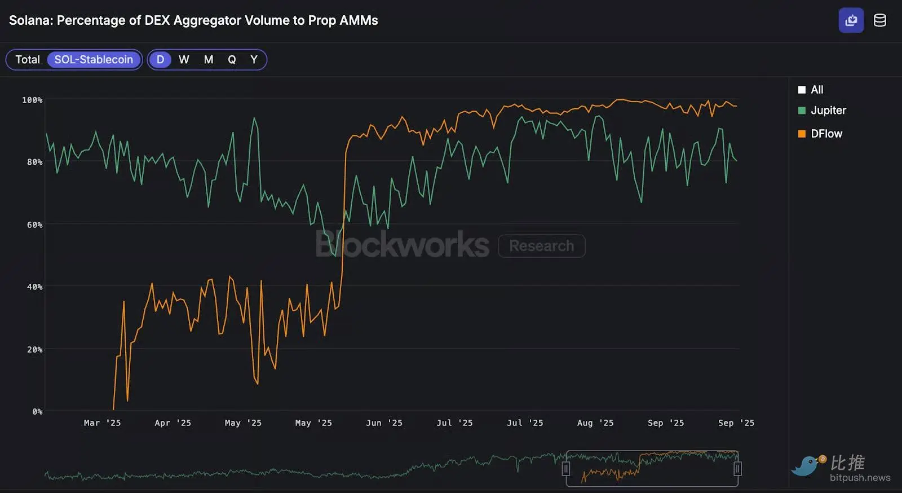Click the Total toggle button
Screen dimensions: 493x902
tap(27, 60)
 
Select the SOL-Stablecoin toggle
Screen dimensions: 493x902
tap(94, 60)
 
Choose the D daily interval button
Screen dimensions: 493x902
tap(160, 60)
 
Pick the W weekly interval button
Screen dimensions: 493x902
tap(184, 60)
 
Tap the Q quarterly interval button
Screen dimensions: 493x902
tap(232, 60)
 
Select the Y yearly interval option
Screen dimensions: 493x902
tap(254, 60)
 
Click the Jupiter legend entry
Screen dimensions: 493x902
tap(828, 111)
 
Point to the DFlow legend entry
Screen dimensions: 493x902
tap(826, 134)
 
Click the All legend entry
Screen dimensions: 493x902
tap(816, 90)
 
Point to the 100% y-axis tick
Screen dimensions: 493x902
tap(32, 100)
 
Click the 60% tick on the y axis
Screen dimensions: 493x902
tap(34, 225)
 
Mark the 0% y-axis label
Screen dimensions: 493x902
tap(37, 412)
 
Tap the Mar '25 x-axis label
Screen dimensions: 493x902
tap(102, 423)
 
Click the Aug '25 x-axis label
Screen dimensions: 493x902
tap(595, 423)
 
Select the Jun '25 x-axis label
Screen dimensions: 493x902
tap(384, 423)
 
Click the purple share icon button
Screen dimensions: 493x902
tap(851, 21)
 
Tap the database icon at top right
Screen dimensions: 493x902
tap(879, 21)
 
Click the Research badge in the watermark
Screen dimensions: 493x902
tap(541, 246)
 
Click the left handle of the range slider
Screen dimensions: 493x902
tap(566, 469)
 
